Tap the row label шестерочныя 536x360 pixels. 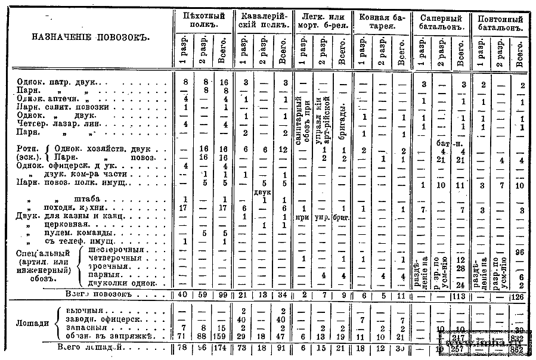click(114, 250)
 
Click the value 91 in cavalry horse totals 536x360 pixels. click(282, 347)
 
